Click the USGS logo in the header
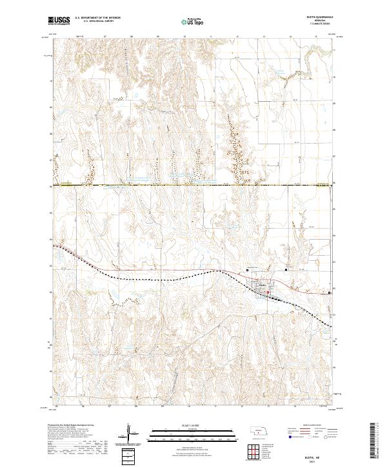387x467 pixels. click(59, 21)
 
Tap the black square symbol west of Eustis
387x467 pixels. click(248, 271)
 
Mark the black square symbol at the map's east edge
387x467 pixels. click(330, 291)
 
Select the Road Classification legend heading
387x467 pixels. click(308, 426)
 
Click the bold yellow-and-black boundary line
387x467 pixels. click(193, 186)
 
